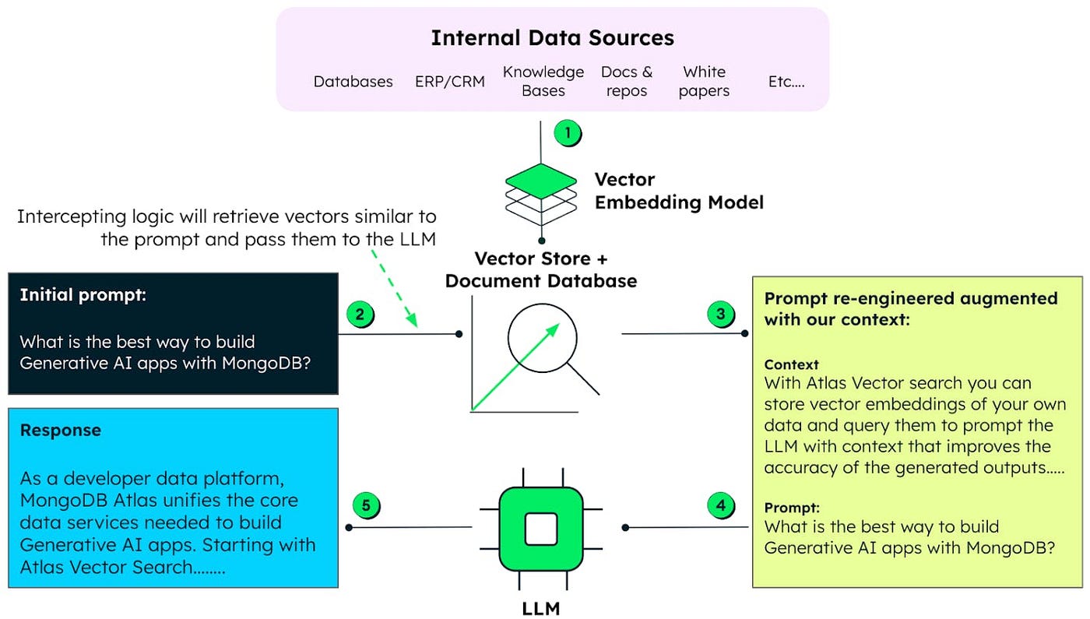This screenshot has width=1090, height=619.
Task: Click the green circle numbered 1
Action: (568, 133)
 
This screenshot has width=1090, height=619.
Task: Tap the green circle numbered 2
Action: (360, 315)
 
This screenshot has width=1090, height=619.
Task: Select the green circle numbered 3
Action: (721, 314)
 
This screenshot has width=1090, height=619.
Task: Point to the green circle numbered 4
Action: (721, 505)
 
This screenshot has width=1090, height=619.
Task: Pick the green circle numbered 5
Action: (366, 505)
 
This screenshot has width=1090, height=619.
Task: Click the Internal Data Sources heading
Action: (552, 38)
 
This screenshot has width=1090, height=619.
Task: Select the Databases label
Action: (353, 81)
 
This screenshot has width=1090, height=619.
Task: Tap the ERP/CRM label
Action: (450, 81)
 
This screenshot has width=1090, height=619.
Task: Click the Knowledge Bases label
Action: (543, 81)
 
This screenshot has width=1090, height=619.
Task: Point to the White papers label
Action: (704, 81)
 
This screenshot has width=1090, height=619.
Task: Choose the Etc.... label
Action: (786, 81)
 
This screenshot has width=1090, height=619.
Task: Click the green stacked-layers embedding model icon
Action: (541, 195)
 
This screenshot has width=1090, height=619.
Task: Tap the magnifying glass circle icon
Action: (542, 338)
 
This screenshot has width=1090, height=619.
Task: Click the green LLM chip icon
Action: (541, 529)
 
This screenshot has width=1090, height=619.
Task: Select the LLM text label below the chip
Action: (541, 609)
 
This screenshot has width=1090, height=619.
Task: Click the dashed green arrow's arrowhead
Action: (412, 320)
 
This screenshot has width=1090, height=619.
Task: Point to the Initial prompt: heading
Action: (83, 295)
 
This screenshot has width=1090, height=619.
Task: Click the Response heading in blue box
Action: (61, 430)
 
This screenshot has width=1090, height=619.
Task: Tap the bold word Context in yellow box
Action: (791, 364)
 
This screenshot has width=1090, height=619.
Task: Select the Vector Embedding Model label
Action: (679, 192)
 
